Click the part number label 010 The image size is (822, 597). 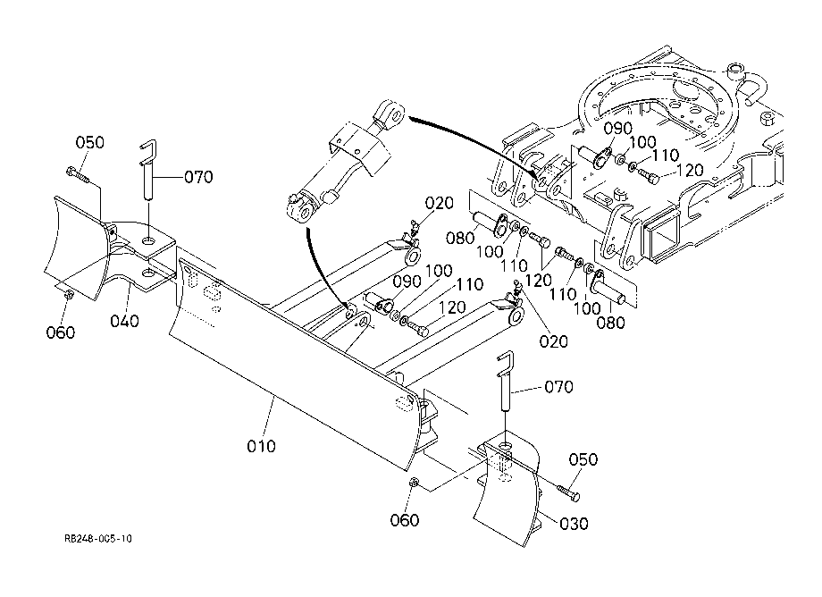point(261,446)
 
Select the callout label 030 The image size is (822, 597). point(574,524)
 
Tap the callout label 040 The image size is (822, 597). point(125,321)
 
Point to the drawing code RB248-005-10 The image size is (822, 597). point(98,538)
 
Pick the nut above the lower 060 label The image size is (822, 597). point(414,481)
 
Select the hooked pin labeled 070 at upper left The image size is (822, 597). point(147,169)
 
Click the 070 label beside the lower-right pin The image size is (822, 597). point(558,387)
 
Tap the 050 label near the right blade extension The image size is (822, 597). point(583,459)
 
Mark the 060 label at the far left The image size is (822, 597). point(61,332)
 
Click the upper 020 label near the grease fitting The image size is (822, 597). point(440,203)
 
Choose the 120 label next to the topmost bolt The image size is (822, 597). point(690,171)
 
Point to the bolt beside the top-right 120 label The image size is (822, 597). point(648,176)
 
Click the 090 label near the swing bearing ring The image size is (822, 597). point(618,129)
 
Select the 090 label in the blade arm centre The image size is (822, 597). point(407,282)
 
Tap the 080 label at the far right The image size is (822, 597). point(611,323)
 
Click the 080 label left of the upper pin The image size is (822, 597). point(460,238)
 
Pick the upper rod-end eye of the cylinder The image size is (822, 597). point(390,114)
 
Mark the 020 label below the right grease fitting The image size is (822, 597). point(554,341)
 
